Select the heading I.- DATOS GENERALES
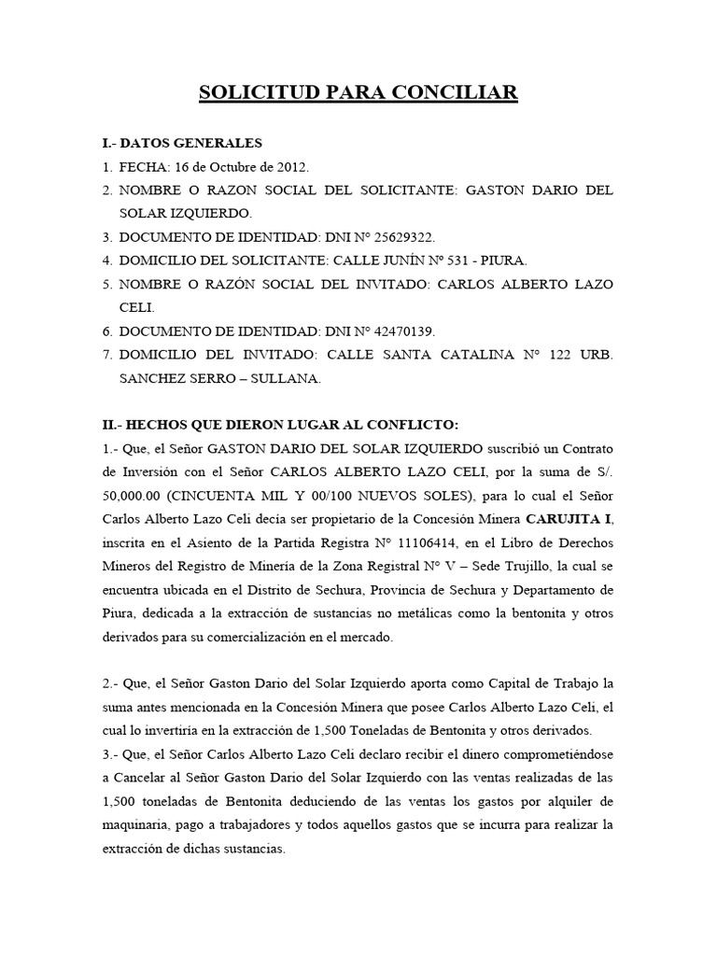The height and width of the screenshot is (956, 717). [x=182, y=143]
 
